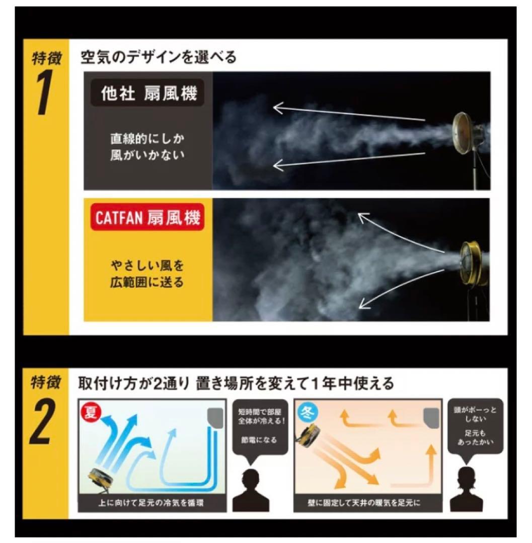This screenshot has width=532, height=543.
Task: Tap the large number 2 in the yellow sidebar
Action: (x=43, y=421)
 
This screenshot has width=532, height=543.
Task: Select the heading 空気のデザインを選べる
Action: (x=159, y=57)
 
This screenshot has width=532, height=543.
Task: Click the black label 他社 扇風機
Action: (x=147, y=93)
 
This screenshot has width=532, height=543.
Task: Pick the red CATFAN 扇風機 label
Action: (x=147, y=218)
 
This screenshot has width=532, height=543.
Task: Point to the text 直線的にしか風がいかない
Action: (x=147, y=147)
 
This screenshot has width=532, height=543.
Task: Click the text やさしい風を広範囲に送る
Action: (x=147, y=274)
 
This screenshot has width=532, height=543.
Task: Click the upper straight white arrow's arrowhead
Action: (x=279, y=108)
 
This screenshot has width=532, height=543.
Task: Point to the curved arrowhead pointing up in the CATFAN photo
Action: (x=364, y=218)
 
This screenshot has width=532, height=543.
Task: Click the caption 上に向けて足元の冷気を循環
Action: (x=151, y=503)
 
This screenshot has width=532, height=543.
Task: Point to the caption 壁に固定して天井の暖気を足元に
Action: (x=364, y=503)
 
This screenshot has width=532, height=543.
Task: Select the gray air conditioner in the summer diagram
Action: (x=215, y=418)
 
